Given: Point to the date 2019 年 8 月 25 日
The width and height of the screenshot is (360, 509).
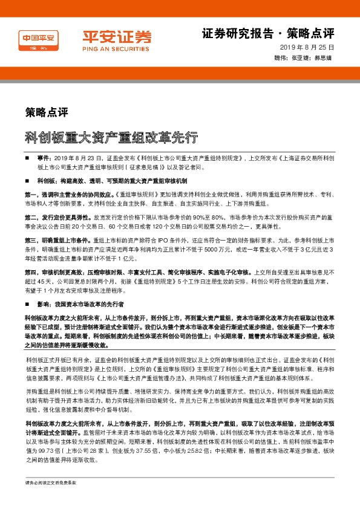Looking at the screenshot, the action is click(309, 47).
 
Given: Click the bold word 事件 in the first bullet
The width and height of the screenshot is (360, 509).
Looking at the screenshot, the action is click(44, 157).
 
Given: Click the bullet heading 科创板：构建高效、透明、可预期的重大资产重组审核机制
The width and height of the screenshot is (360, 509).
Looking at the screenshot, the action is click(113, 181).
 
